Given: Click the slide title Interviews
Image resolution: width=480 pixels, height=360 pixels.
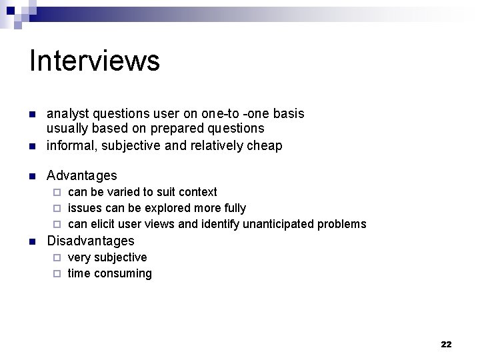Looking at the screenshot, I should pyautogui.click(x=95, y=61).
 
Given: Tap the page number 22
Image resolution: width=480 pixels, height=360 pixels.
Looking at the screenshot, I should pyautogui.click(x=446, y=344).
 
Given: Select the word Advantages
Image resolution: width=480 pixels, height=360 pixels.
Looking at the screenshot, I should pyautogui.click(x=81, y=176).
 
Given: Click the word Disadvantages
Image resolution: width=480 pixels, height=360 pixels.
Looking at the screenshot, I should pyautogui.click(x=90, y=241).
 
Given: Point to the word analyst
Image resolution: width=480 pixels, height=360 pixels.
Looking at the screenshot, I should pyautogui.click(x=66, y=114).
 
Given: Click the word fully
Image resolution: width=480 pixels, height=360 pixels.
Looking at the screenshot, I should pyautogui.click(x=233, y=208).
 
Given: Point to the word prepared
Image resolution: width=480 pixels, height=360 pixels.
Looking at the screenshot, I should pyautogui.click(x=169, y=128).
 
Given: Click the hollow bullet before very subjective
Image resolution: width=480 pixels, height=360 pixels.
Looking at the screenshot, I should pyautogui.click(x=57, y=257).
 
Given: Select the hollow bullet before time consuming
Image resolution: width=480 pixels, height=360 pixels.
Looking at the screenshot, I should pyautogui.click(x=57, y=273).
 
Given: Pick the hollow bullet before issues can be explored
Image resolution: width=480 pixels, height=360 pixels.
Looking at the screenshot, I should pyautogui.click(x=57, y=208).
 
